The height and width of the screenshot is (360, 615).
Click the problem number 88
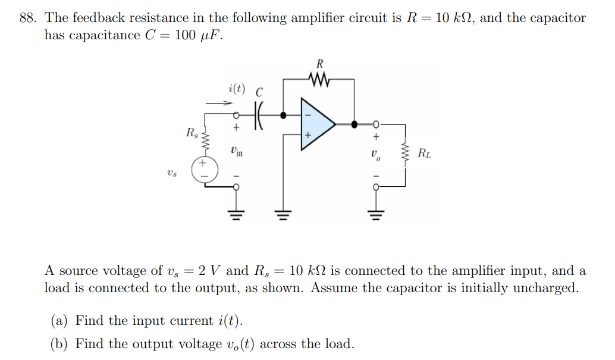(x=27, y=18)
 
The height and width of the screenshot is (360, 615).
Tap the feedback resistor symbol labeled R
(x=319, y=79)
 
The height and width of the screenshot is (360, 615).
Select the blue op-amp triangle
(x=317, y=124)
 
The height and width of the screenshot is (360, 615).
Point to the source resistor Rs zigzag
(x=206, y=142)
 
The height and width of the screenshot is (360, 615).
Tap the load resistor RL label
(x=425, y=154)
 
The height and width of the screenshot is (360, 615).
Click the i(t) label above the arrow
(x=236, y=89)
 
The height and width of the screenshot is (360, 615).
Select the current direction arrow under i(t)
(x=218, y=103)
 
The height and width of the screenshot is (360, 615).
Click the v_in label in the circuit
(x=236, y=151)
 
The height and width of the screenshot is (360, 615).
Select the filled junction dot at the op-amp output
(x=354, y=124)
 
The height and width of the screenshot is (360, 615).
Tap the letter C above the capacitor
(x=259, y=92)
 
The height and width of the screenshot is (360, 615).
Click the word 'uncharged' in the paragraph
(x=545, y=288)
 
